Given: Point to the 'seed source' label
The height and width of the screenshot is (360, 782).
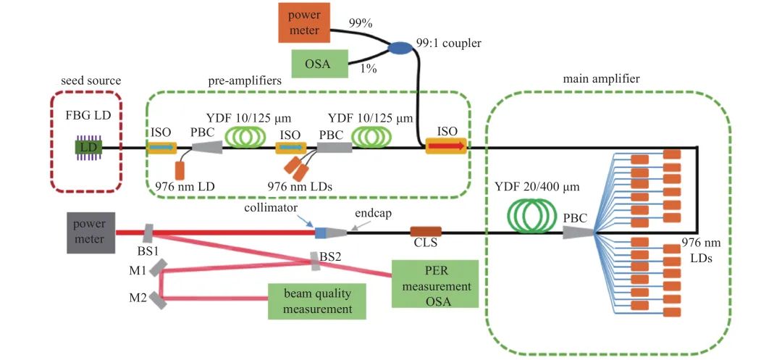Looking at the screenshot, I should coord(91,80).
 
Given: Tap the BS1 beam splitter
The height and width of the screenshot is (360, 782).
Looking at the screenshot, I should coord(148,233).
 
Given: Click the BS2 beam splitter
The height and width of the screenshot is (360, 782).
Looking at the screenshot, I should coord(316,260).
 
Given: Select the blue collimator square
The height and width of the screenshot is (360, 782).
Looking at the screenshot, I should coord(320,233).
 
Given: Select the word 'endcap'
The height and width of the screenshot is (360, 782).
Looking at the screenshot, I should coord(374,214).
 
